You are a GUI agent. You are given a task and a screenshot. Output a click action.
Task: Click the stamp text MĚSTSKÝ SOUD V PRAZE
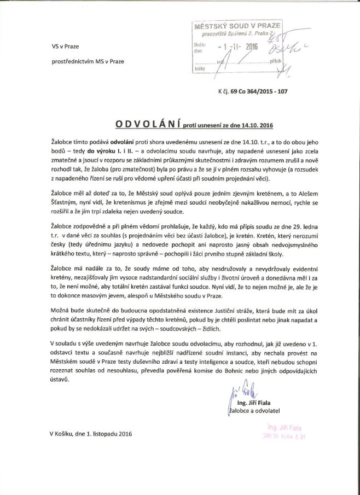coord(237,26)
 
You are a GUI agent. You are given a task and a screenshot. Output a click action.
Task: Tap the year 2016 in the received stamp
coord(251,47)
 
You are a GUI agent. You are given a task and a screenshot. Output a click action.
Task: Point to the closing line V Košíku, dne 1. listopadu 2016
coord(89,434)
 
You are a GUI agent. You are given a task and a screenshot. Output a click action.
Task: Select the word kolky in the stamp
coord(199,69)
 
